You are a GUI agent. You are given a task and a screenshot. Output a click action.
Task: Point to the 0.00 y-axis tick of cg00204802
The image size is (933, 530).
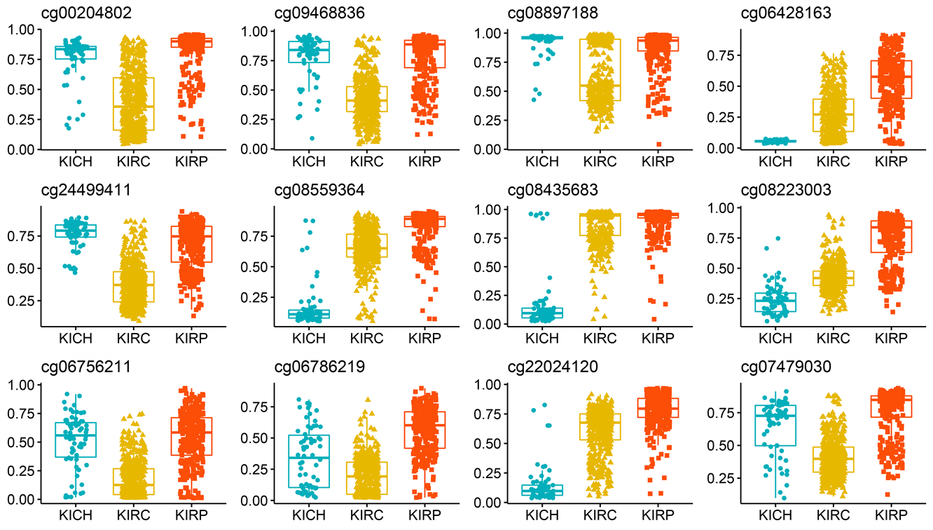tap(23, 149)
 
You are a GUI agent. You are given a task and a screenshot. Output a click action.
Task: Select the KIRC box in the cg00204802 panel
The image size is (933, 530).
tap(132, 104)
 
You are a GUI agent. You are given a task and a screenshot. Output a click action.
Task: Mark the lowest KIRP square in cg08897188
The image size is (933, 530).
tap(658, 144)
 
